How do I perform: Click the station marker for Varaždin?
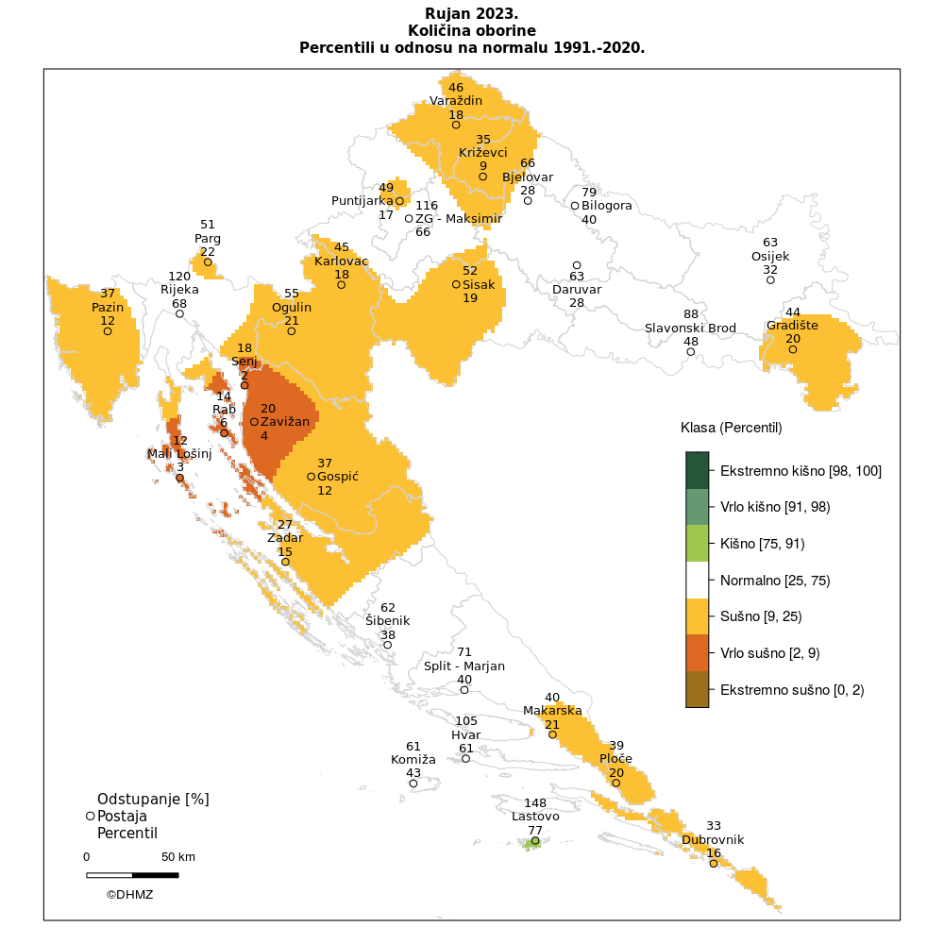click(x=456, y=125)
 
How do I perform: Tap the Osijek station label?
click(x=770, y=256)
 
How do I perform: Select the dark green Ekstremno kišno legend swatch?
click(x=697, y=470)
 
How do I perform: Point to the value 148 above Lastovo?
click(x=535, y=803)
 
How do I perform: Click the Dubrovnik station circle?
click(x=714, y=864)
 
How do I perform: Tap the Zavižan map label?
click(x=285, y=421)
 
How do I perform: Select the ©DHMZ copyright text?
click(x=129, y=894)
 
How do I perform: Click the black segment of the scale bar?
click(x=155, y=875)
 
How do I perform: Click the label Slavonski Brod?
click(x=690, y=328)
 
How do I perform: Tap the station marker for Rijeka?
click(x=179, y=313)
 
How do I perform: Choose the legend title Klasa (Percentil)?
click(x=732, y=428)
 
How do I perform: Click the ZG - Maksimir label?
click(x=459, y=219)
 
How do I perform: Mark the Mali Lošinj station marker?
click(x=179, y=478)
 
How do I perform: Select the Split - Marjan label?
click(x=464, y=666)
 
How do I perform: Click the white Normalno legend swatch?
click(x=697, y=580)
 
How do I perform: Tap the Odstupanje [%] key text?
click(x=153, y=799)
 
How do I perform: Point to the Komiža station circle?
click(x=413, y=784)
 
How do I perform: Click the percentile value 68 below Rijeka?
click(x=179, y=303)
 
